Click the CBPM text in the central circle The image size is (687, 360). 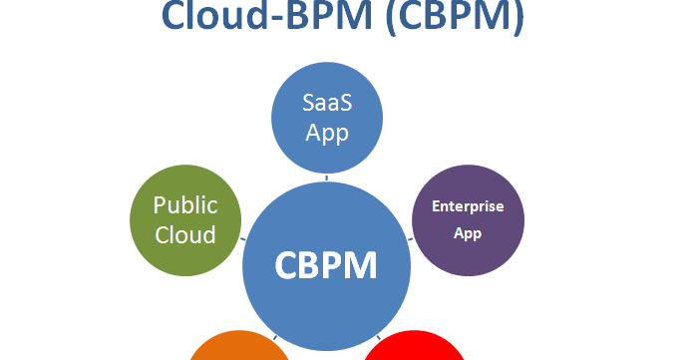[x=326, y=266]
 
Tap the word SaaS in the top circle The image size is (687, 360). [x=326, y=104]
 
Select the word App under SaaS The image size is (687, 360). [x=326, y=133]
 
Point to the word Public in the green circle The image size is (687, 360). [x=184, y=205]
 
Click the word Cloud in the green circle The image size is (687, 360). [x=185, y=235]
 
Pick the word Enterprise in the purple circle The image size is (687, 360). [x=468, y=207]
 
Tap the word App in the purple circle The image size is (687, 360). [x=468, y=233]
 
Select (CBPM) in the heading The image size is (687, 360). [x=442, y=18]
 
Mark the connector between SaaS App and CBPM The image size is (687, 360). [x=326, y=178]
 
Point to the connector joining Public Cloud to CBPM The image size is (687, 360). [x=244, y=239]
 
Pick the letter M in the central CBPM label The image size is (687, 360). [x=362, y=266]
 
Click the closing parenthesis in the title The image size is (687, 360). [x=514, y=18]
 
